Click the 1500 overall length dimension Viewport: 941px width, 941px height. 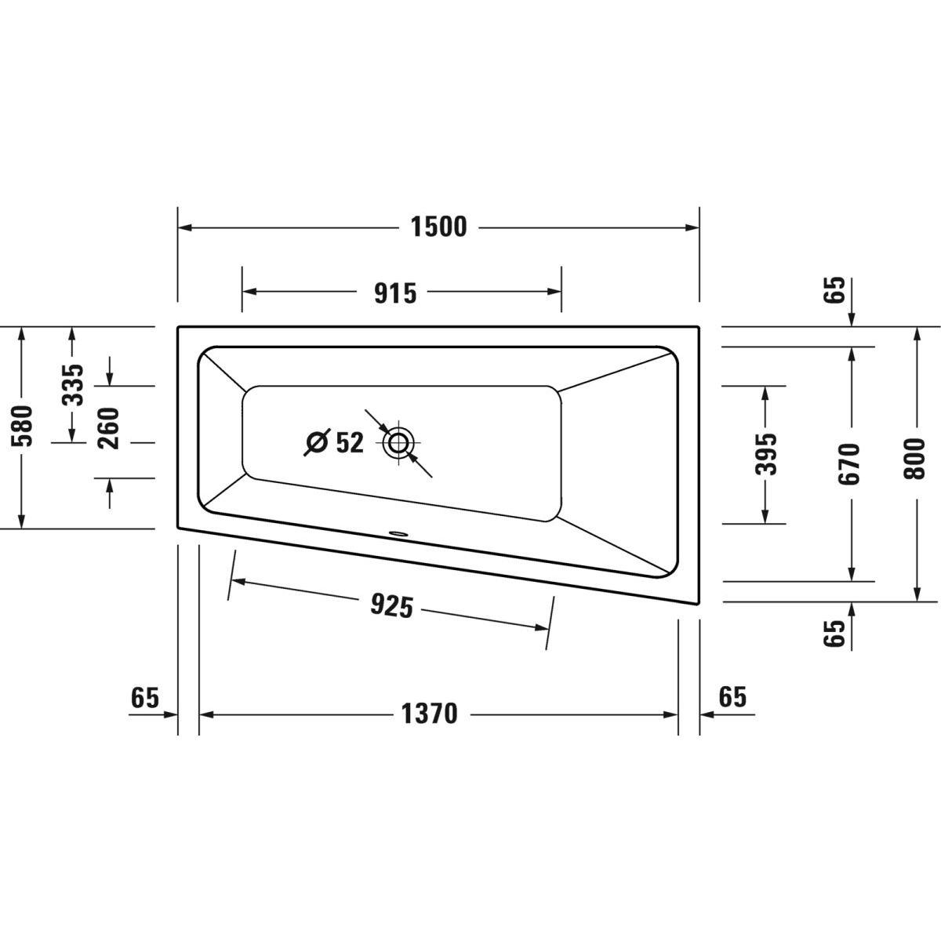438,227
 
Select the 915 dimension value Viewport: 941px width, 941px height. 395,293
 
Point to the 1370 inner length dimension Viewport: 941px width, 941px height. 429,714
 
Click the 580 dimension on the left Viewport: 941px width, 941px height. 23,426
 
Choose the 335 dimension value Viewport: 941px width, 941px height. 73,385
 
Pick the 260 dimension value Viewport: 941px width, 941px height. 108,429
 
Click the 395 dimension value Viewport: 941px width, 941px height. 765,454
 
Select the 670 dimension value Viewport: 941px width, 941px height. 849,464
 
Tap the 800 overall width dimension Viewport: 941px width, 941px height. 914,459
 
